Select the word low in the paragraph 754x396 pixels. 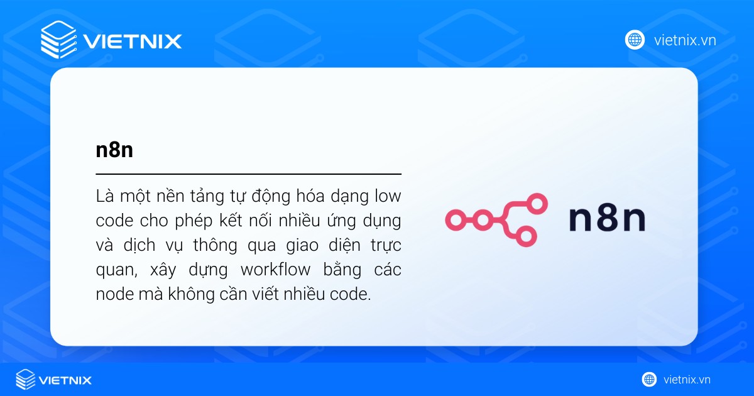(387, 196)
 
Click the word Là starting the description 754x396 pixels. (105, 196)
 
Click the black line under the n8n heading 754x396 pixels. (248, 173)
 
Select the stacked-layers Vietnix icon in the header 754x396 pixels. (58, 41)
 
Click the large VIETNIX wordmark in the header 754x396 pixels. (132, 41)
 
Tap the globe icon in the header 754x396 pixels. (635, 40)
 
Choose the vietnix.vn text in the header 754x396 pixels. (684, 41)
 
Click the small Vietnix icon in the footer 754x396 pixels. (26, 380)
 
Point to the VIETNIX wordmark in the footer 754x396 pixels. (65, 380)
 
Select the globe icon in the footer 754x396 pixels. (649, 380)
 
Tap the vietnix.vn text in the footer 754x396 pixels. (687, 380)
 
